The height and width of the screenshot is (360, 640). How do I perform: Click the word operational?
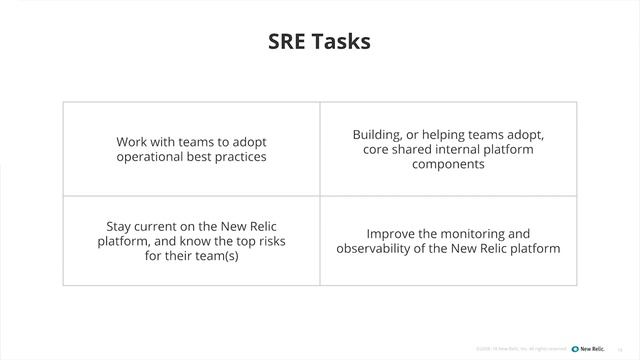pyautogui.click(x=151, y=157)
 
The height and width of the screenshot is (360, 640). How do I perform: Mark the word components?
pyautogui.click(x=448, y=164)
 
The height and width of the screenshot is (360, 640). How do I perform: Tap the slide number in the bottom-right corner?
pyautogui.click(x=621, y=349)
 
